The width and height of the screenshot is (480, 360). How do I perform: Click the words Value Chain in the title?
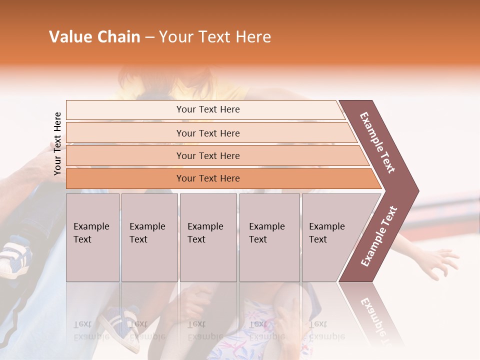pos(94,37)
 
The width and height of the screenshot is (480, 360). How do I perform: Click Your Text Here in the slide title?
pos(215,37)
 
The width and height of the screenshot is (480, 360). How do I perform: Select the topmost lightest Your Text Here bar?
pos(207,109)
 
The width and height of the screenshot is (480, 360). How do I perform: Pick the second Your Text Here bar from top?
pos(207,133)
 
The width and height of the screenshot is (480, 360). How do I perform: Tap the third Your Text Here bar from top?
pos(207,155)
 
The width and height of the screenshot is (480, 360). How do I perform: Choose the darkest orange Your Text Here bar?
pos(207,178)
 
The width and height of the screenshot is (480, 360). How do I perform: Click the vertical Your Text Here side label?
pos(57,143)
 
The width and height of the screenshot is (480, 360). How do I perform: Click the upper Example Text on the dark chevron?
pos(377,142)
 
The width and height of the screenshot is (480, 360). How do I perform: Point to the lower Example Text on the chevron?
pos(379,236)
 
